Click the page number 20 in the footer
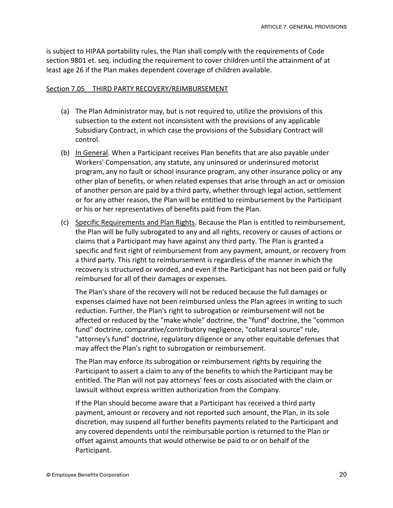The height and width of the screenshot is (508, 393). (x=343, y=474)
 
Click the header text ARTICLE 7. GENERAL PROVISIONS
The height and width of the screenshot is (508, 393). (x=304, y=27)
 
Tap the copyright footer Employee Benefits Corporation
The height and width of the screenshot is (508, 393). (x=88, y=475)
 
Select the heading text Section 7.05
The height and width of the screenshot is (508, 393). (x=65, y=89)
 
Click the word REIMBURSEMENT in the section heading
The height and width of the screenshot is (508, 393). (x=199, y=89)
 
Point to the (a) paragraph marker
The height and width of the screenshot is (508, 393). (x=65, y=111)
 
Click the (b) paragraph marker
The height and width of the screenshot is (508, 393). (x=65, y=153)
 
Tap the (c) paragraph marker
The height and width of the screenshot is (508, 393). (x=65, y=222)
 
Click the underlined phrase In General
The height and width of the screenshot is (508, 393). (x=92, y=153)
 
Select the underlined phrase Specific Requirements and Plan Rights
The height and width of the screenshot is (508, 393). (x=135, y=222)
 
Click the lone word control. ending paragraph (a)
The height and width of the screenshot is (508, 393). (x=88, y=139)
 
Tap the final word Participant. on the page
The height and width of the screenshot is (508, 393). (x=93, y=450)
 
